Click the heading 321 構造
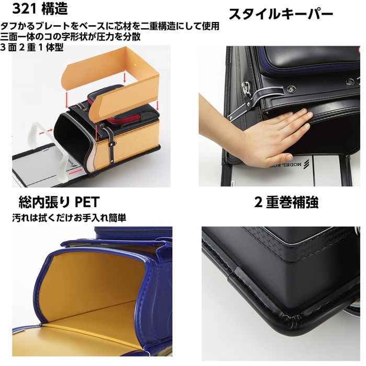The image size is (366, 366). tap(40, 9)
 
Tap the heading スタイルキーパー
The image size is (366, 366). tap(281, 15)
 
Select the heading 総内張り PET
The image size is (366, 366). tap(59, 202)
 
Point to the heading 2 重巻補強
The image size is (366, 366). tap(286, 202)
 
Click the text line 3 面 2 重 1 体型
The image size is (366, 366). tap(32, 48)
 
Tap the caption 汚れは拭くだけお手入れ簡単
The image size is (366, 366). tap(70, 218)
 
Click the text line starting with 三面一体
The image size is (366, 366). tap(71, 37)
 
